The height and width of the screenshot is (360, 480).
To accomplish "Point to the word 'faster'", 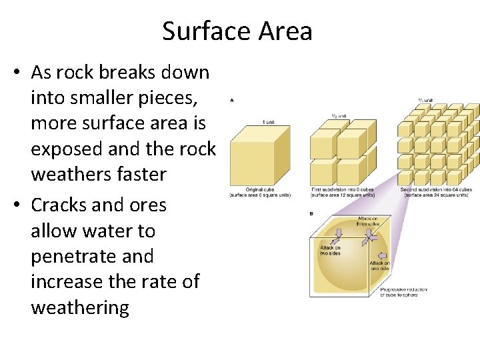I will [x=135, y=175].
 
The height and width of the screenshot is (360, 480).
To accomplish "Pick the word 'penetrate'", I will [x=92, y=256].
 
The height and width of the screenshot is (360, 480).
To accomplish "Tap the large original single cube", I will [x=257, y=157].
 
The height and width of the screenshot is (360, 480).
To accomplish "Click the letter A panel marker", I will [x=231, y=100].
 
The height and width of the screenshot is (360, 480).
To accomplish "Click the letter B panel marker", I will [x=312, y=213].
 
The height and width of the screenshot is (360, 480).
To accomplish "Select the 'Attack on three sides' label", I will [x=367, y=221].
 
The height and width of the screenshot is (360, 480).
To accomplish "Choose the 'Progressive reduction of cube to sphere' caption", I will [x=404, y=292].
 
